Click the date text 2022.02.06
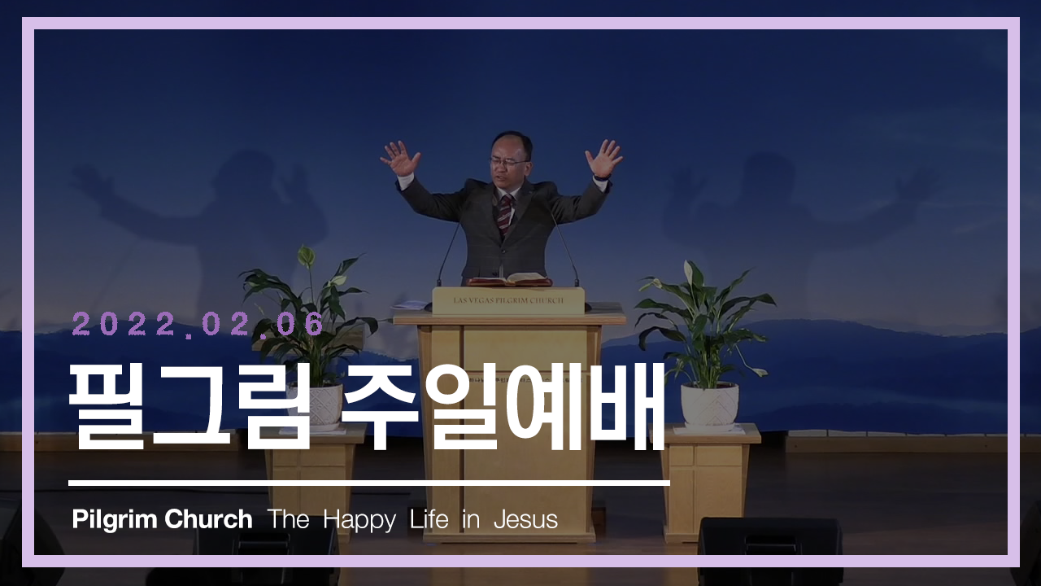(x=198, y=324)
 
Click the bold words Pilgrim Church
(x=162, y=519)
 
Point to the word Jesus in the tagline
(x=525, y=519)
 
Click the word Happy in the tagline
(x=359, y=521)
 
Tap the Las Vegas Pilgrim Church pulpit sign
(x=508, y=300)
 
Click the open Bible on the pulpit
(x=509, y=279)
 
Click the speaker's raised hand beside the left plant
(x=400, y=158)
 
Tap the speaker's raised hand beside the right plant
(x=603, y=158)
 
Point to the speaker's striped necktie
(x=505, y=215)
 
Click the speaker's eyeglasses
(x=509, y=162)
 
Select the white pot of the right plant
(x=710, y=405)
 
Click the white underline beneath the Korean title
(x=369, y=483)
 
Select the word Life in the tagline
(x=429, y=519)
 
